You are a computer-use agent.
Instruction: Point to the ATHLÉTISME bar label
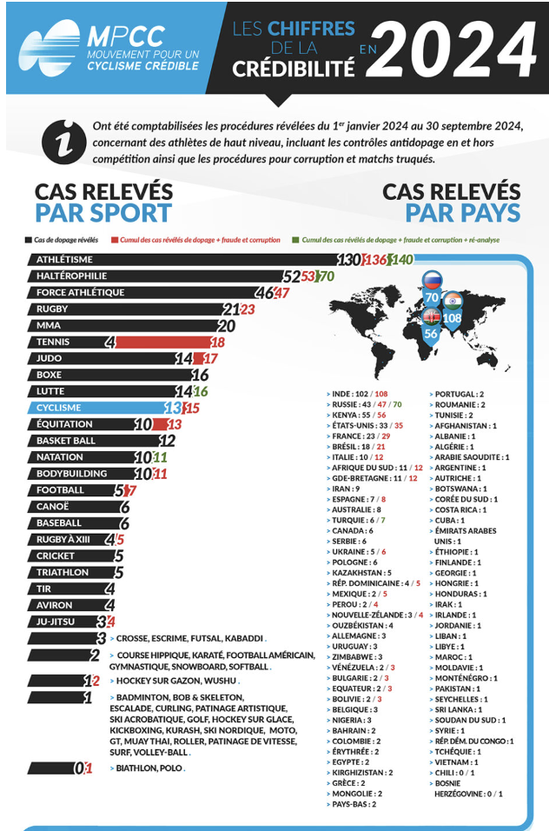click(64, 259)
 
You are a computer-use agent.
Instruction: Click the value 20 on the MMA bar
click(227, 326)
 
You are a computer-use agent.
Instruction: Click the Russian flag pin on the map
click(432, 280)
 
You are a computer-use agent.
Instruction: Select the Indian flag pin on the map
click(452, 300)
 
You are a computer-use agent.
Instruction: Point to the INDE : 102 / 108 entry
click(359, 394)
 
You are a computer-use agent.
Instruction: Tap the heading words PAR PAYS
click(462, 213)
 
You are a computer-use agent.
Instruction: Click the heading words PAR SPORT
click(103, 213)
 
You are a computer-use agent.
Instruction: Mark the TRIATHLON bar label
click(66, 573)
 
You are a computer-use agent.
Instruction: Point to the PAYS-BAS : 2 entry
click(354, 804)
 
